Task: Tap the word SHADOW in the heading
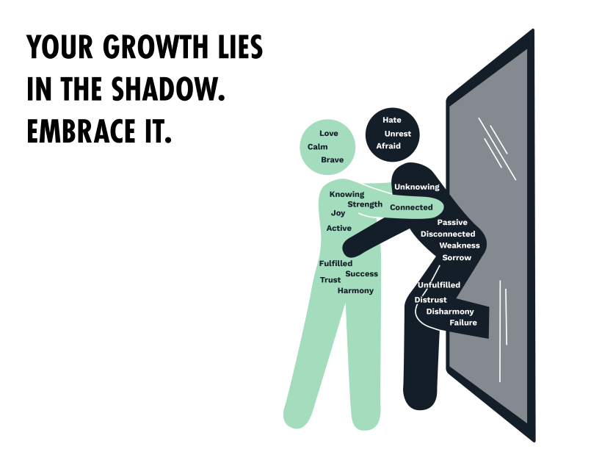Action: coord(168,90)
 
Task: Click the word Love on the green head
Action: coord(329,133)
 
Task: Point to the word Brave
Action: coord(332,159)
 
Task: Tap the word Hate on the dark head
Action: coord(392,120)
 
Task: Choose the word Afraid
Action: coord(388,146)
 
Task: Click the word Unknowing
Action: coord(416,187)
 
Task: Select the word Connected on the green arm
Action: coord(411,207)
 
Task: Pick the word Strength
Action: coord(365,204)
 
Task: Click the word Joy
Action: coord(338,213)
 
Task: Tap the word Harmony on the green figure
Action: coord(355,290)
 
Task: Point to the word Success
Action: coord(361,274)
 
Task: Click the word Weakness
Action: coord(460,245)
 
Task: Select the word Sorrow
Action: coord(457,258)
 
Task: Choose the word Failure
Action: coord(463,323)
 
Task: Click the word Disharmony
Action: coord(450,312)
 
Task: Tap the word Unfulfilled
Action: coord(439,285)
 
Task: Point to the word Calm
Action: coord(318,147)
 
